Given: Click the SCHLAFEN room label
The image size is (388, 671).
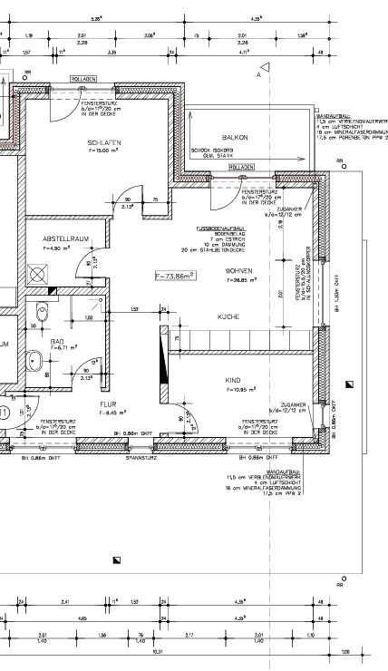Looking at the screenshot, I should point(103,143).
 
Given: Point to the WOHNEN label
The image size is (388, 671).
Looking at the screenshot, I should point(239,271).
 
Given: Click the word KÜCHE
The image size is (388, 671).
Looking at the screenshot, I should point(227,316).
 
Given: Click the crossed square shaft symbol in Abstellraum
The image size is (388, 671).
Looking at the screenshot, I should point(38,272).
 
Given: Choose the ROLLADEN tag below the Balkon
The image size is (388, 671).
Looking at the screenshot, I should point(242,168).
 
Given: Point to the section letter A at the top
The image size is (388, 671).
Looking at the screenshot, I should point(258,76).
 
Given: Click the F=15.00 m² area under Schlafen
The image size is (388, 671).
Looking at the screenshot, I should point(103,153).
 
